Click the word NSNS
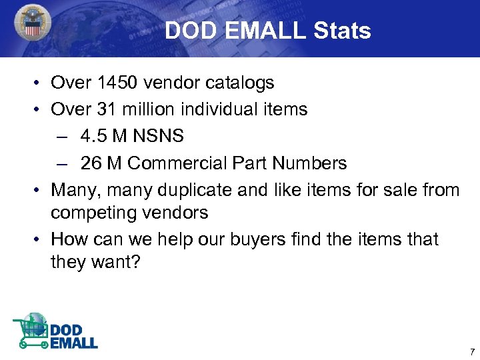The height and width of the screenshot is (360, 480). tap(159, 136)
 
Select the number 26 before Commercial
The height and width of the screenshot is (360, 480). tap(93, 163)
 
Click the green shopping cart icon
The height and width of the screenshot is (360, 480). tap(29, 332)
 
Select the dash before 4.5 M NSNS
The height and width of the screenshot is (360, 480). tap(62, 137)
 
